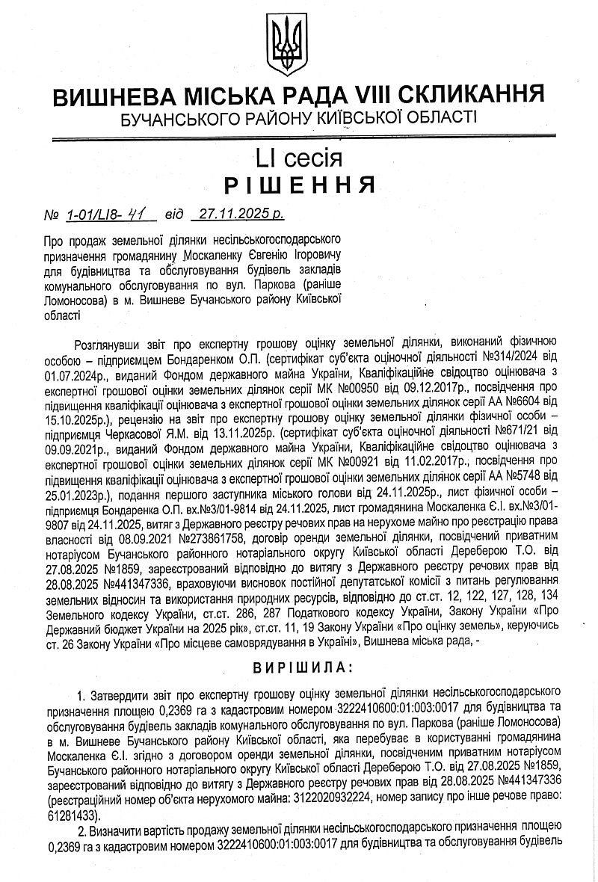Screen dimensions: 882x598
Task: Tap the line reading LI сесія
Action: pos(298,158)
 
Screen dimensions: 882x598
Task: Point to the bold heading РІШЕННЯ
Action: pos(299,185)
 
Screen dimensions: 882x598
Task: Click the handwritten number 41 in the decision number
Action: pos(138,215)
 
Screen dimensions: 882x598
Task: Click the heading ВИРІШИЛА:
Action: pos(298,665)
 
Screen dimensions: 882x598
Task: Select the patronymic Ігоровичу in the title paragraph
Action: pos(311,253)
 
